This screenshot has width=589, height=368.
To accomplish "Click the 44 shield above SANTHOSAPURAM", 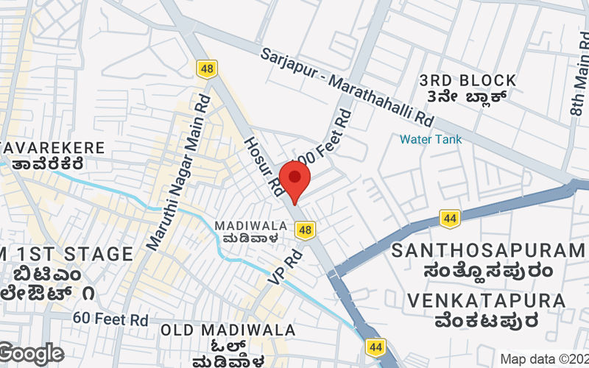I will pos(450,217).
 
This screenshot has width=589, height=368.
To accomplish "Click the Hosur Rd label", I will pos(264,166).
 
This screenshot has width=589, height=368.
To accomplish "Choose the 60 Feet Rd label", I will pos(110,319).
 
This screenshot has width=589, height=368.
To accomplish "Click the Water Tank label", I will pos(431,139).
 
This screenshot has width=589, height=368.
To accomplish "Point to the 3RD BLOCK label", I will pos(468,79).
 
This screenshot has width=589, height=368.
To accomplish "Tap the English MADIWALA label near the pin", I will pos(246,225).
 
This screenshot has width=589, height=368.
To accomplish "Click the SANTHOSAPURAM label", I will pos(488,250).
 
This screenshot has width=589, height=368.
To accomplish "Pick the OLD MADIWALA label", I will pos(228,330).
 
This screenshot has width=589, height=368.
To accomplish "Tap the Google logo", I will pos(31,353).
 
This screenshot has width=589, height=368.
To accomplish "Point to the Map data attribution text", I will pos(544,359).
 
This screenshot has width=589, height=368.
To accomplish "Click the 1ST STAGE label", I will pos(70,255).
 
